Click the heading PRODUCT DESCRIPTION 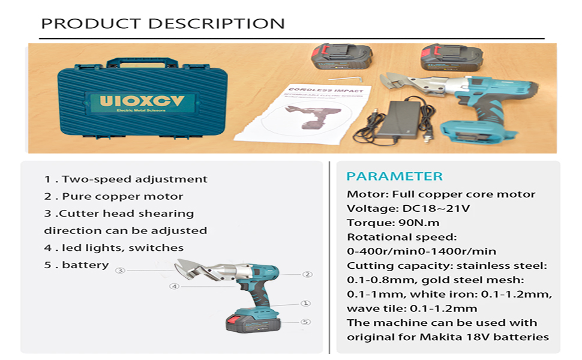(163, 24)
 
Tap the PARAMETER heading (394, 176)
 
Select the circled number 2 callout (307, 274)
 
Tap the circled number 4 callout (174, 286)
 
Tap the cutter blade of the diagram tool (193, 268)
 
